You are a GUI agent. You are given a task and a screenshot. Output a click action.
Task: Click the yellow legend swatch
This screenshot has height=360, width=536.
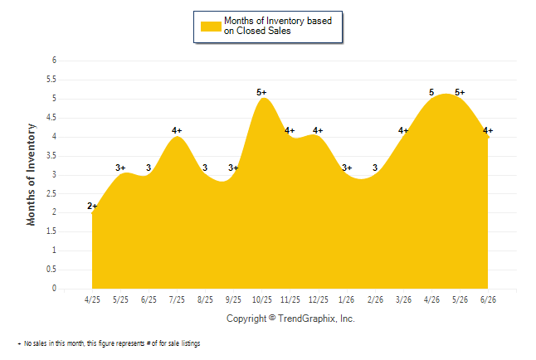pyautogui.click(x=211, y=27)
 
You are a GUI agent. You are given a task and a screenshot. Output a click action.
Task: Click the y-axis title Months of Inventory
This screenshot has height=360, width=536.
pyautogui.click(x=31, y=175)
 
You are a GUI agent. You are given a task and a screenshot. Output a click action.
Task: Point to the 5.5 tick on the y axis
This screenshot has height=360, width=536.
pyautogui.click(x=51, y=80)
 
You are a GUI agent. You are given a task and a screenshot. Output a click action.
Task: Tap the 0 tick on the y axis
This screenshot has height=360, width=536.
pyautogui.click(x=54, y=288)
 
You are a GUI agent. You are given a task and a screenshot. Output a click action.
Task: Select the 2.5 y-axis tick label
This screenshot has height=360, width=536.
pyautogui.click(x=51, y=193)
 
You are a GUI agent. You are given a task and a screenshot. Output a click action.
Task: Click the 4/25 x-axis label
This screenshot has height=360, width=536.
pyautogui.click(x=92, y=299)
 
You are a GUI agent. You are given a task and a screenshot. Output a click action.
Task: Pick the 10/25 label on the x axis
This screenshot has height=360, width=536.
pyautogui.click(x=262, y=299)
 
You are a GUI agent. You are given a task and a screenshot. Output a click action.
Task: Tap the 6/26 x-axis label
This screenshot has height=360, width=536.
pyautogui.click(x=488, y=299)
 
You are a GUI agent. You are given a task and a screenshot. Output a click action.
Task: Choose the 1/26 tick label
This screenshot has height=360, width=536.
pyautogui.click(x=347, y=299)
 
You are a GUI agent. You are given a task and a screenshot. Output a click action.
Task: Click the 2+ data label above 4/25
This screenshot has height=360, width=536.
pyautogui.click(x=92, y=207)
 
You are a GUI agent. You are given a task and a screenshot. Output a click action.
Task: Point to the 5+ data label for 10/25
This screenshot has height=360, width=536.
pyautogui.click(x=261, y=92)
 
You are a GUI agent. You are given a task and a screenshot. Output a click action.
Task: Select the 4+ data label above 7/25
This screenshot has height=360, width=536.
pyautogui.click(x=177, y=130)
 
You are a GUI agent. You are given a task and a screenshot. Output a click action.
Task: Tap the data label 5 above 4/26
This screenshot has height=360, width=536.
pyautogui.click(x=431, y=92)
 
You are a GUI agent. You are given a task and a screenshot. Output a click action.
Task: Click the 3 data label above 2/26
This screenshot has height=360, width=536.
pyautogui.click(x=375, y=168)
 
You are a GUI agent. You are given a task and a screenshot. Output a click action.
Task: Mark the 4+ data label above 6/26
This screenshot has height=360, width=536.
pyautogui.click(x=488, y=130)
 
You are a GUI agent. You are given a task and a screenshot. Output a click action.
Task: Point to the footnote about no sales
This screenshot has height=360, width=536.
pyautogui.click(x=109, y=343)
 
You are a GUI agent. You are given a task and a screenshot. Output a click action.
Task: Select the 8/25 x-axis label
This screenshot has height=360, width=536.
pyautogui.click(x=205, y=299)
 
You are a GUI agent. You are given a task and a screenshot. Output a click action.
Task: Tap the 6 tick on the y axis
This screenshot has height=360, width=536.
pyautogui.click(x=54, y=61)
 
